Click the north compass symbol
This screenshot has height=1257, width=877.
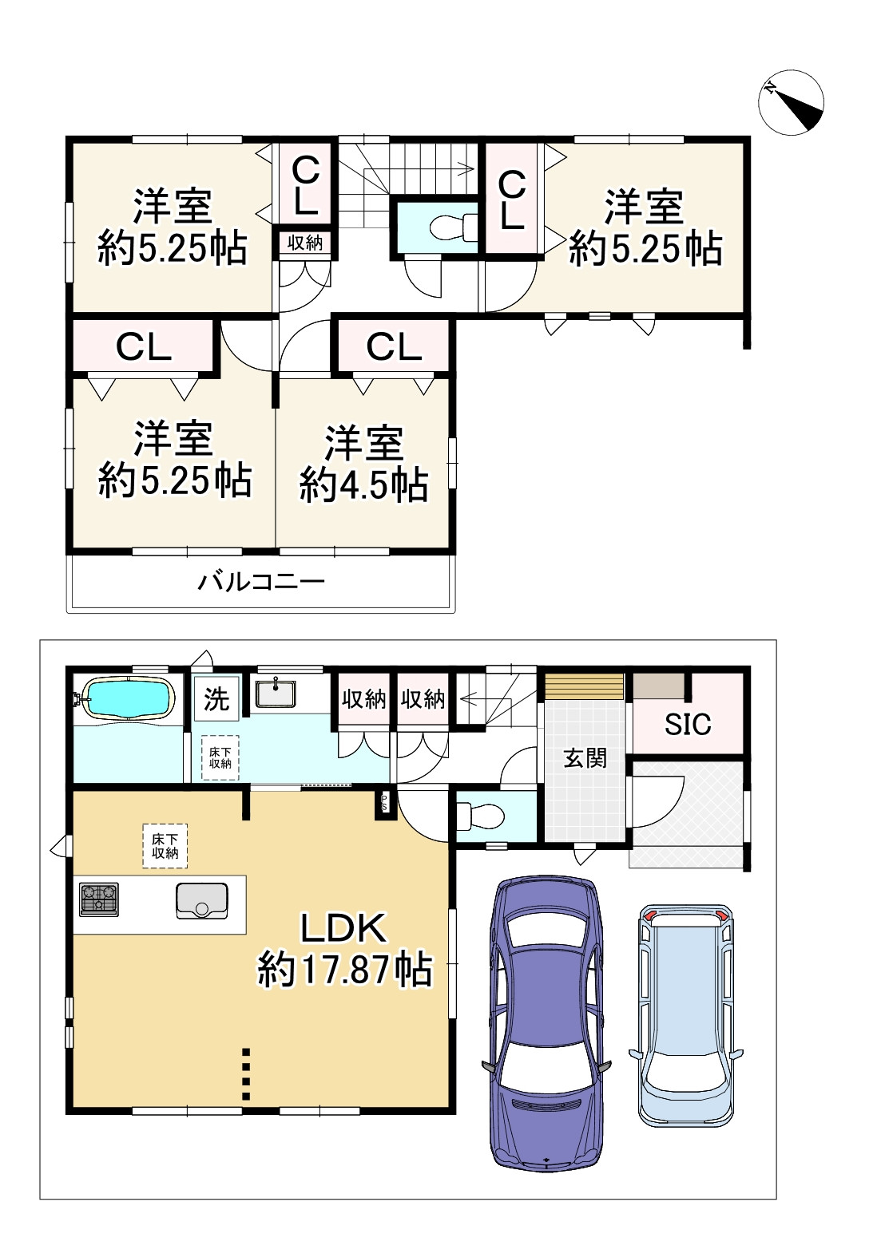791,103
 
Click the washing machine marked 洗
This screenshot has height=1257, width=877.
216,698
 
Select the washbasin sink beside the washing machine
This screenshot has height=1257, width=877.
275,694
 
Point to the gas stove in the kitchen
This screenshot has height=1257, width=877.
99,899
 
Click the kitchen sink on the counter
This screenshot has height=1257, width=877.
202,901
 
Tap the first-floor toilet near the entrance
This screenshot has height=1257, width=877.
481,816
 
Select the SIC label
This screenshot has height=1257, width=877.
688,725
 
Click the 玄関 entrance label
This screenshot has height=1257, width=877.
585,758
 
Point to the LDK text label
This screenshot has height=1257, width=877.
343,928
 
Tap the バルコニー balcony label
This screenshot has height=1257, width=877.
261,582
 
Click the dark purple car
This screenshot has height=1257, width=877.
546,1023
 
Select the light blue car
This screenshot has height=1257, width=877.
686,1015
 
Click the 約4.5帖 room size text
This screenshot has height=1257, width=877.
364,485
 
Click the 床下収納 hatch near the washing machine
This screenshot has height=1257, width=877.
220,757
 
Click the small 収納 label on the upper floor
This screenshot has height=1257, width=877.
305,243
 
